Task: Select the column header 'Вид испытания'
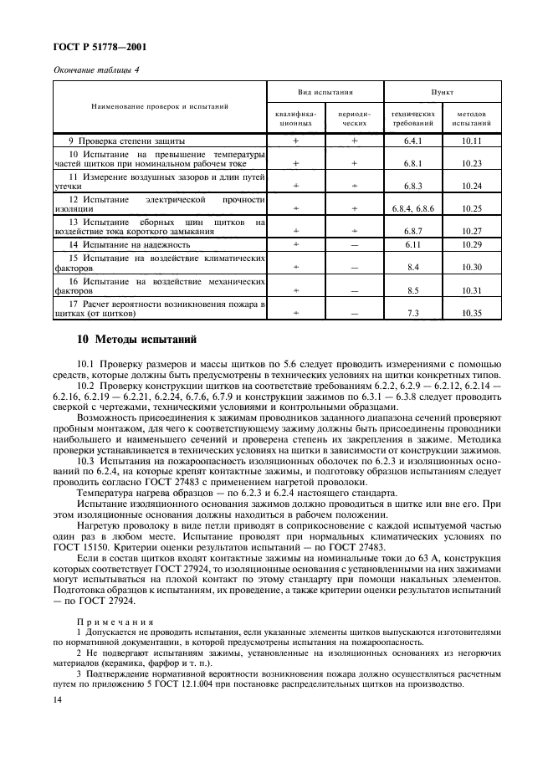[325, 92]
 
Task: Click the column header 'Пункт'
[443, 92]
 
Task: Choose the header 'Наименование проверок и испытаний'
[158, 107]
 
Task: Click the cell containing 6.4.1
[413, 141]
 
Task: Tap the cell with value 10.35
[472, 313]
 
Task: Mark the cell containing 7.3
[413, 313]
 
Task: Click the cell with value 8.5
[413, 290]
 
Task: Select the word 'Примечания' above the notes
[115, 621]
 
